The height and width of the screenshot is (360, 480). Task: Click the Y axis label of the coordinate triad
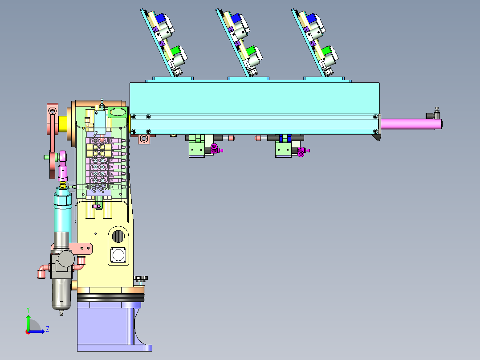click(x=28, y=310)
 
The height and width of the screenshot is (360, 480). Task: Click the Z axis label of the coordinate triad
click(x=48, y=329)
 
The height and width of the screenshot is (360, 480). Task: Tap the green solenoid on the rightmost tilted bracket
click(x=327, y=50)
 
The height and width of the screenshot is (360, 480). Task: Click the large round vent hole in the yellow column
click(x=118, y=236)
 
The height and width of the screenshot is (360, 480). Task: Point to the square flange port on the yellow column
click(x=118, y=255)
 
